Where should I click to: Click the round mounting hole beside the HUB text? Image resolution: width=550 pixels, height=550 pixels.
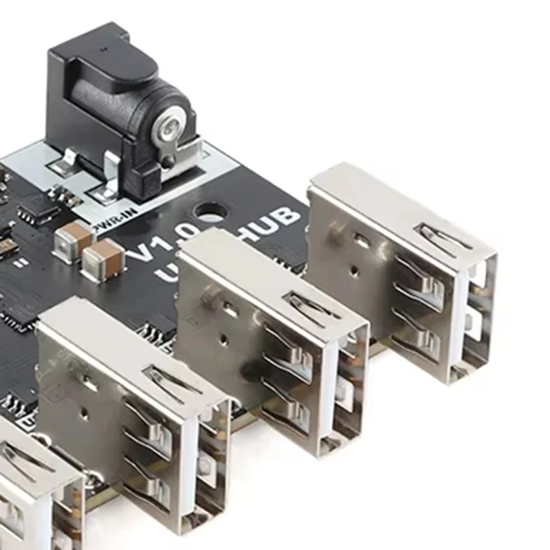pyautogui.click(x=211, y=210)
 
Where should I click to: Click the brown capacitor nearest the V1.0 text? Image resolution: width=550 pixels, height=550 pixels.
pyautogui.click(x=102, y=257)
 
